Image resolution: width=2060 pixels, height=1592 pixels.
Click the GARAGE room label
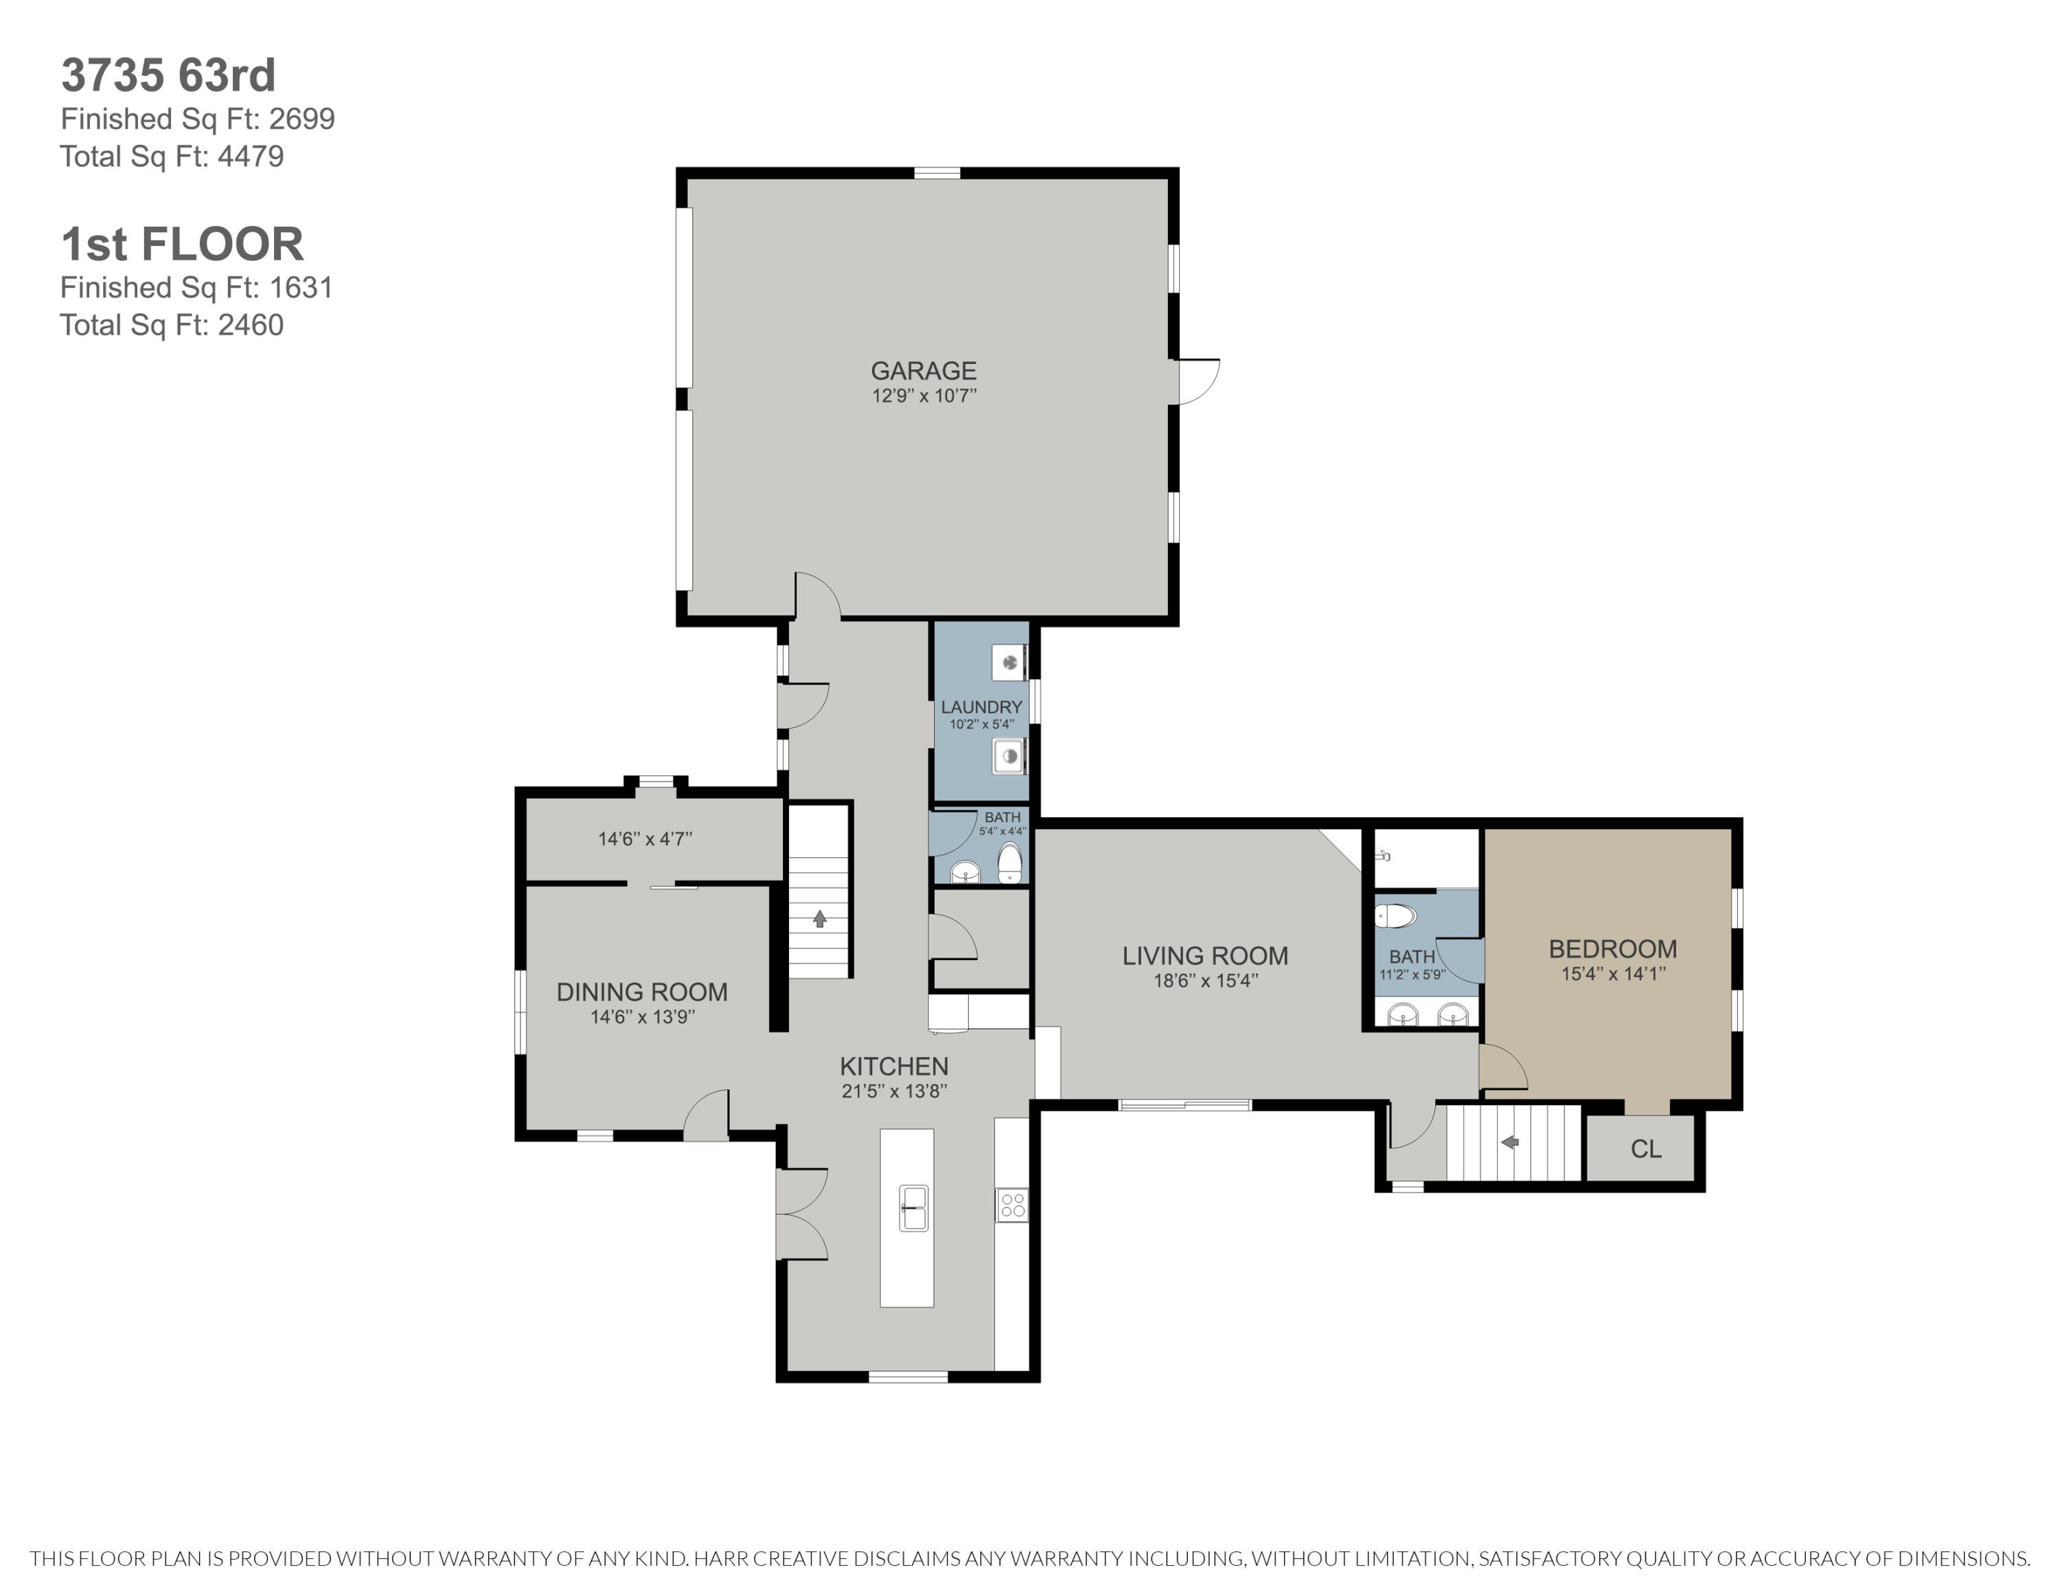pyautogui.click(x=924, y=371)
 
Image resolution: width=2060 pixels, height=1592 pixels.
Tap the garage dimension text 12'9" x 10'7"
pyautogui.click(x=924, y=395)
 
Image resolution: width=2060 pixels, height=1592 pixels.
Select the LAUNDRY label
pyautogui.click(x=981, y=707)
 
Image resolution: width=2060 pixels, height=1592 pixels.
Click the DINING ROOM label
pyautogui.click(x=641, y=992)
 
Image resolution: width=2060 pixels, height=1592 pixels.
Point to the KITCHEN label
pyautogui.click(x=894, y=1067)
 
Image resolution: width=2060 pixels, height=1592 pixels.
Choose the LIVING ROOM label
pyautogui.click(x=1204, y=955)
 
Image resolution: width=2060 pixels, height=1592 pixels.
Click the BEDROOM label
pyautogui.click(x=1613, y=948)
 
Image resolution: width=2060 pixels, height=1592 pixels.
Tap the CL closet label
pyautogui.click(x=1646, y=1149)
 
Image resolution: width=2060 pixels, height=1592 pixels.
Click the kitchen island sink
pyautogui.click(x=913, y=1208)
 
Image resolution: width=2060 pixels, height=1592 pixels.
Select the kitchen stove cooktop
pyautogui.click(x=1012, y=1205)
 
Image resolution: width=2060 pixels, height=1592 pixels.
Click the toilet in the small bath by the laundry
pyautogui.click(x=1010, y=863)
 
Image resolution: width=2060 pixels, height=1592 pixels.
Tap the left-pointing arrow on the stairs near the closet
pyautogui.click(x=1509, y=1142)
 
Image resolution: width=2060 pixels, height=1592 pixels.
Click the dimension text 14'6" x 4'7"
pyautogui.click(x=645, y=839)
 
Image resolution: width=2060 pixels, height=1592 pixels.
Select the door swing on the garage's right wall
pyautogui.click(x=1199, y=382)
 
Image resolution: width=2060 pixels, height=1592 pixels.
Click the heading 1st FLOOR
pyautogui.click(x=182, y=245)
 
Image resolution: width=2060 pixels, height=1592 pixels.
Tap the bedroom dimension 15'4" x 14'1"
pyautogui.click(x=1613, y=973)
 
